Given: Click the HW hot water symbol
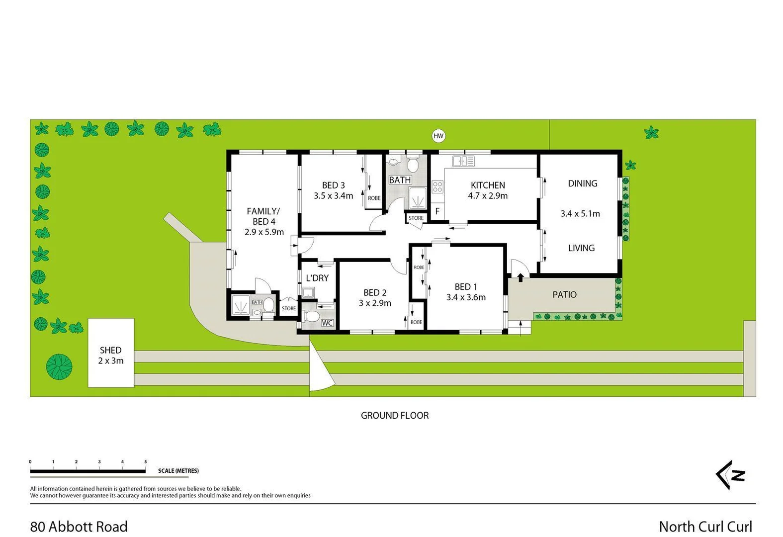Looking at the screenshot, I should pos(438,136).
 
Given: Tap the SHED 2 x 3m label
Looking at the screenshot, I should pos(110,356).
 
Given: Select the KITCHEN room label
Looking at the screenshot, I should pos(488,185).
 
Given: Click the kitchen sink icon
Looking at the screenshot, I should pos(463,161).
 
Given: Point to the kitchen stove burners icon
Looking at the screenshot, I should pos(437,187).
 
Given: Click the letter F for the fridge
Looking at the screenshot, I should pos(437,211).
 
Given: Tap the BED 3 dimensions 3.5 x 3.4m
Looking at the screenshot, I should pos(333,196).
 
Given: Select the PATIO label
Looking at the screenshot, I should pos(564,294).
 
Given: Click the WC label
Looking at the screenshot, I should pos(327,323).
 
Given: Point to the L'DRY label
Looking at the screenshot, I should pos(317,278).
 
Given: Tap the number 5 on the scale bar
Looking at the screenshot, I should pos(146,462).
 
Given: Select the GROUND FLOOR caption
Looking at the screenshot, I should pos(394,415).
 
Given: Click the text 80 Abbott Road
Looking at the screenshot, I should pos(79,527).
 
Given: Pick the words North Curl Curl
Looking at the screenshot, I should pos(705,527).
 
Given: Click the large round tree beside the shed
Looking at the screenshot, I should pos(59,366).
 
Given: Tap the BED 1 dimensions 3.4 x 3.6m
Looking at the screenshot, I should pos(466,297).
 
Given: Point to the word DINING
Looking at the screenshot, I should pos(582,183).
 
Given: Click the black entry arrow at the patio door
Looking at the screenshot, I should pos(521,277).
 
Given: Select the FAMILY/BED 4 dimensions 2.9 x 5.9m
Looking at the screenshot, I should pos(264,232).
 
